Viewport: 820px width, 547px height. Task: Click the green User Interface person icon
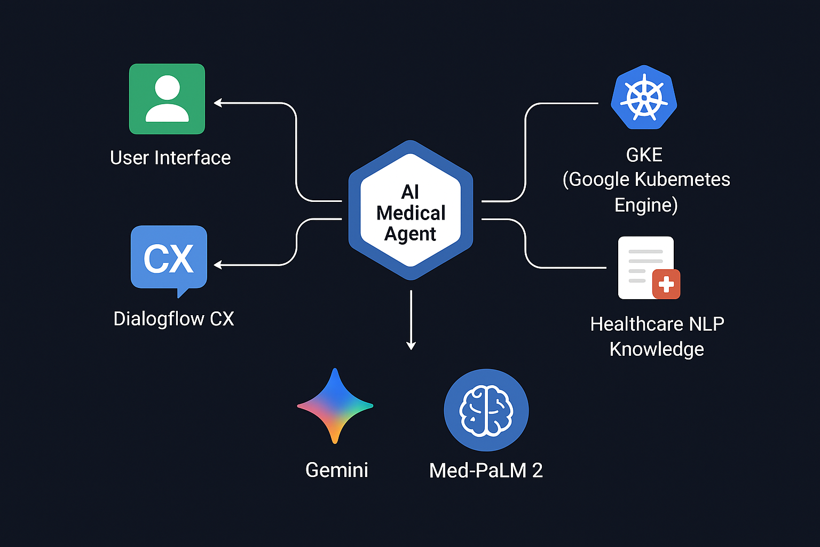coord(167,99)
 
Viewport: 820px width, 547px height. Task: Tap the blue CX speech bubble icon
coord(169,258)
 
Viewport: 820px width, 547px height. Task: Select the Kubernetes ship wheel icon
coord(644,98)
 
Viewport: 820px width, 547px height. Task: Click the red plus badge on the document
coord(666,284)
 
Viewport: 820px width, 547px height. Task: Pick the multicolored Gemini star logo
coord(335,406)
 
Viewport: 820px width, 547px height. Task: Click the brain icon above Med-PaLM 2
coord(486,410)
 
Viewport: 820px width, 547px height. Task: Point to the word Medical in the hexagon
coord(411,213)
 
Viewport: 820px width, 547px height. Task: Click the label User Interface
coord(170,158)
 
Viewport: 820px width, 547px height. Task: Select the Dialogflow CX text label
coord(174,319)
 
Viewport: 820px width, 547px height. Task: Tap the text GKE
coord(644,155)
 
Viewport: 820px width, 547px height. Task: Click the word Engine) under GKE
coord(646,205)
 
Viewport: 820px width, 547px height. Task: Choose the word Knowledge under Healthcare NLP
coord(657,349)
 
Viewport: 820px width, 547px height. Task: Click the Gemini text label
coord(336,470)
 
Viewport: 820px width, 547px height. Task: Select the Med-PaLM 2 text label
coord(486,471)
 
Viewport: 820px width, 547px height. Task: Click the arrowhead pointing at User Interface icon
coord(217,103)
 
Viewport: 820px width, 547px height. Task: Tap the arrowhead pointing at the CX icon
coord(217,264)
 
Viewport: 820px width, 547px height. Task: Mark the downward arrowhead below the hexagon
coord(411,346)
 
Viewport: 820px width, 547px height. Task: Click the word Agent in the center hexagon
coord(410,234)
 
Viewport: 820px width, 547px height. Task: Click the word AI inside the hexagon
coord(410,192)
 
